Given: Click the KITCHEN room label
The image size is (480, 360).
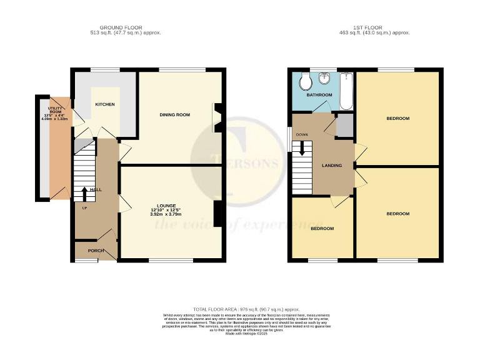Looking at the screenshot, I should (x=104, y=104).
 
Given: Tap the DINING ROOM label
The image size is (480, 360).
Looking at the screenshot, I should (x=175, y=115).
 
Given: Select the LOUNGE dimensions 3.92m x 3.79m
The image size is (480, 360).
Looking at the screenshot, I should (x=166, y=214).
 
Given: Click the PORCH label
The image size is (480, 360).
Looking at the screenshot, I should (x=96, y=251).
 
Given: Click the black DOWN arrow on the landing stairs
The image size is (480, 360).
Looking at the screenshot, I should (x=302, y=148).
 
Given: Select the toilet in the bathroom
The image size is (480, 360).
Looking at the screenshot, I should (x=305, y=81).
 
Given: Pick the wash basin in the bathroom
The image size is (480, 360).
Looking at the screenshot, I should (x=325, y=80).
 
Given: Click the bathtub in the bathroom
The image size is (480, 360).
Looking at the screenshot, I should (x=347, y=91).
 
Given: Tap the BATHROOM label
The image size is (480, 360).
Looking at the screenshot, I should (x=319, y=95).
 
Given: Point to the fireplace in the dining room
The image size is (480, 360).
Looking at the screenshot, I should (x=217, y=117).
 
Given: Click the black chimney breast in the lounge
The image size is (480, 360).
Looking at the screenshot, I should (x=217, y=214).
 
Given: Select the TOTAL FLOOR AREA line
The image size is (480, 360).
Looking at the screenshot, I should (x=246, y=309).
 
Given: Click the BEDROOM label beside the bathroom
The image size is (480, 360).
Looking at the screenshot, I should (x=397, y=119).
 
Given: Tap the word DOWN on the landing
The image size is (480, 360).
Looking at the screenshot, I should (x=302, y=134).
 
